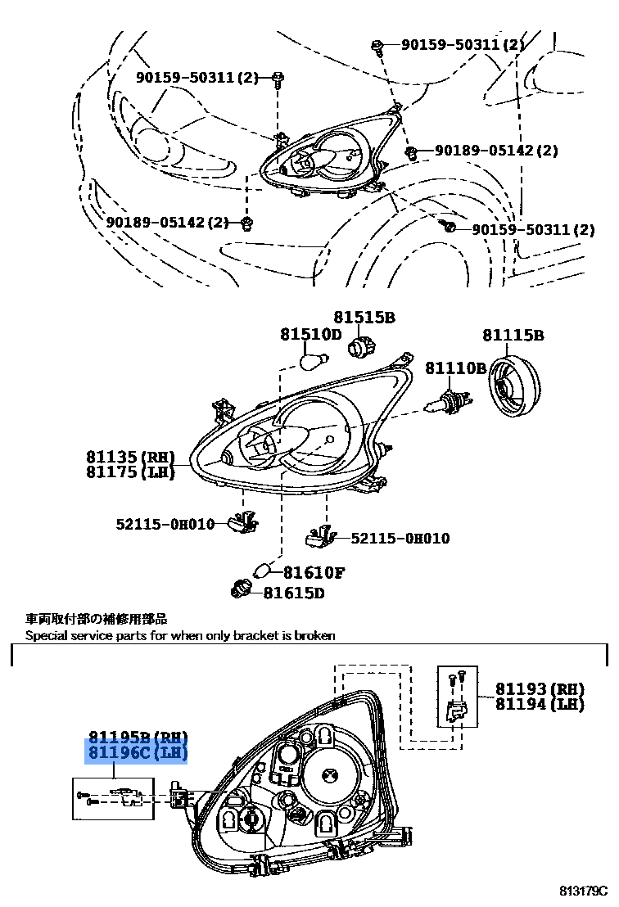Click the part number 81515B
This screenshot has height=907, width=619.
click(364, 317)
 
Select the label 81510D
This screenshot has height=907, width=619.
click(310, 334)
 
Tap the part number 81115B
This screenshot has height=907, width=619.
click(513, 335)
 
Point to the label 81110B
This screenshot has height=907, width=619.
click(455, 368)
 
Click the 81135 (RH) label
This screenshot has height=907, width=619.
click(130, 457)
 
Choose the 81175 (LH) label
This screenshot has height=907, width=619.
click(130, 472)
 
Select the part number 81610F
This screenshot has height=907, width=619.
click(314, 573)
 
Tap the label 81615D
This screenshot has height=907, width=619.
click(294, 592)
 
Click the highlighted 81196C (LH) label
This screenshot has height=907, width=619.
click(138, 752)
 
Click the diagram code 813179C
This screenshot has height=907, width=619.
click(585, 890)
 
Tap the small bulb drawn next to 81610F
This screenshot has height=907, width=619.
click(264, 571)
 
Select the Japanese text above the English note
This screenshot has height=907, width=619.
click(96, 620)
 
